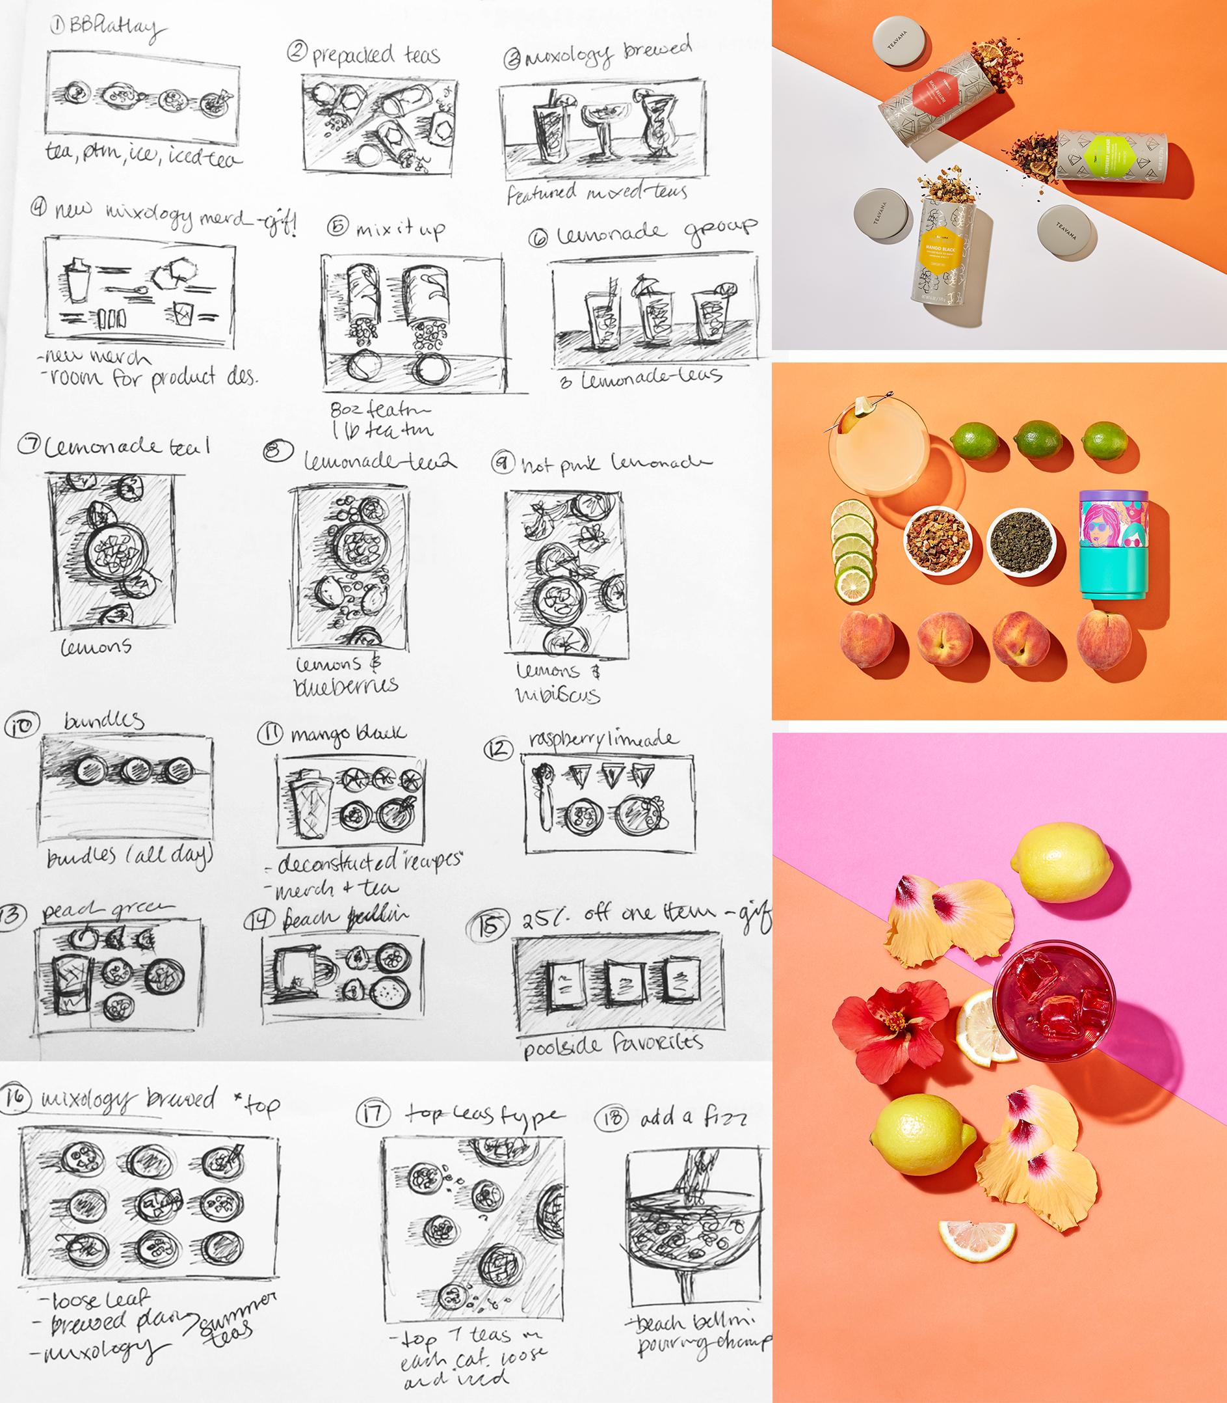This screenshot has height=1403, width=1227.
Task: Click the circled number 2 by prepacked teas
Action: tap(297, 51)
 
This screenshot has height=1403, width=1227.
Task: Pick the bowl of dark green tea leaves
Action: tap(1021, 542)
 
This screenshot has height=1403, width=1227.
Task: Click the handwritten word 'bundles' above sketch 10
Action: tap(103, 720)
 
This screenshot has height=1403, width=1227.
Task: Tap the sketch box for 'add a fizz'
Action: tap(694, 1225)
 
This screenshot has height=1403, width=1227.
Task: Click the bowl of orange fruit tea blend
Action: tap(938, 541)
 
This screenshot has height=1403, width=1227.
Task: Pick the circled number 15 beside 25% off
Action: tap(488, 926)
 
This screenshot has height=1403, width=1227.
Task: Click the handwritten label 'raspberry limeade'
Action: tap(603, 739)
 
